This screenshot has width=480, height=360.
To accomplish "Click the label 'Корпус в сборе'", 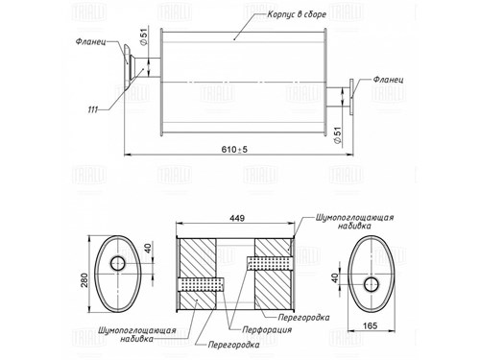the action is click(297, 14).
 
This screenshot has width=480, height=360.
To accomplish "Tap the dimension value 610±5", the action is click(234, 149).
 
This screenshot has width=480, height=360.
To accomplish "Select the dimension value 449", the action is click(237, 218).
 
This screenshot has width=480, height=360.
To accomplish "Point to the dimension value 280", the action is click(84, 279).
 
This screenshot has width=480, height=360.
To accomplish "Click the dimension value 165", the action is click(370, 325).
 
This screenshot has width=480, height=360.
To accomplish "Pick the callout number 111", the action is click(92, 109).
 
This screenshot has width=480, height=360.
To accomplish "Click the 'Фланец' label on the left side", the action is click(91, 41).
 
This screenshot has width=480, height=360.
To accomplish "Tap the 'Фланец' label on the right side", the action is click(388, 79).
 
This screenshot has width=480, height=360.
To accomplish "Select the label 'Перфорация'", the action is click(267, 329).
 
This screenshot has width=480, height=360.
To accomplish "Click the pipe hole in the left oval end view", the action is click(118, 263).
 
